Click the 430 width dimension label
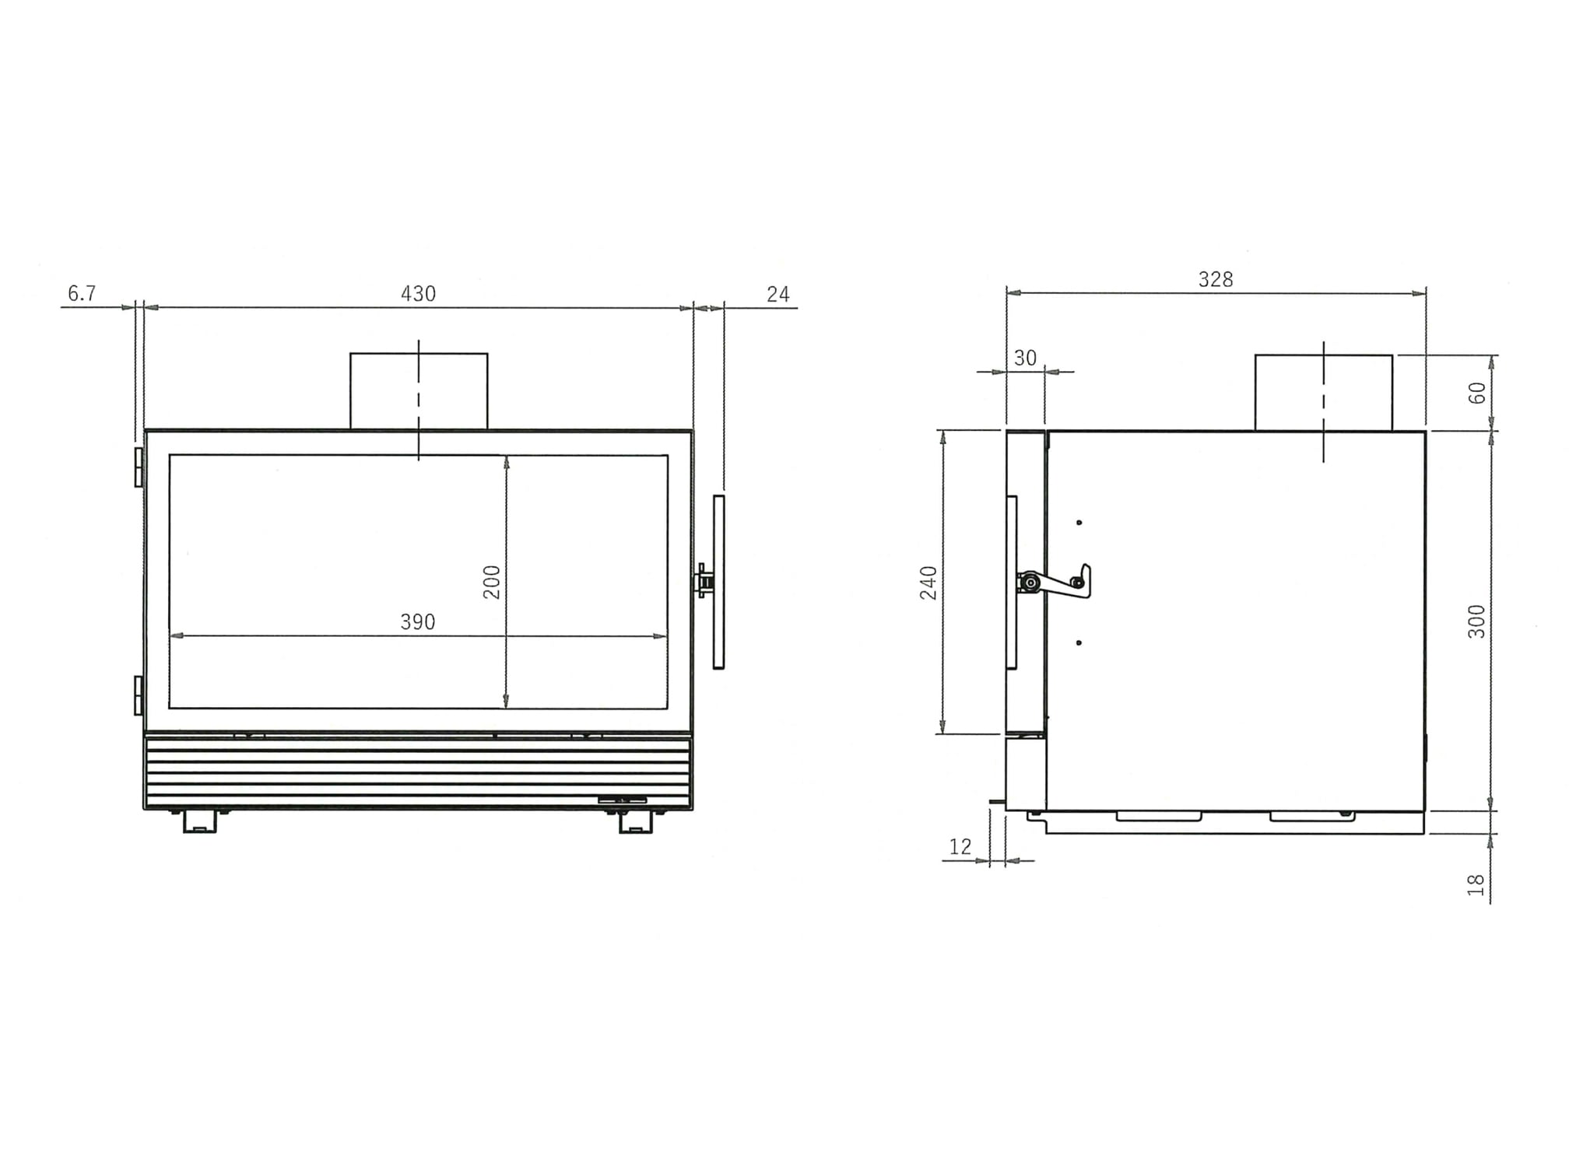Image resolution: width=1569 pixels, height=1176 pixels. (418, 294)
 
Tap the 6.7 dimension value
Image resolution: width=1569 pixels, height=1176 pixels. (82, 293)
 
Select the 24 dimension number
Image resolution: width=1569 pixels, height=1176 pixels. (777, 294)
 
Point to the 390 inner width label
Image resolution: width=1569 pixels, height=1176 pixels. (418, 622)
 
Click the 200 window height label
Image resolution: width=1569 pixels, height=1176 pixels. (492, 582)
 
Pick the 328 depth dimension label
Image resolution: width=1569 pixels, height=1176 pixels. (1216, 279)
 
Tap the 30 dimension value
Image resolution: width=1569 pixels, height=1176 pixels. (1026, 358)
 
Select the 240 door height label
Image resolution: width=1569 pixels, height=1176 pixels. (929, 583)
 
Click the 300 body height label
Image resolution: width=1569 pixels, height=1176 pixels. (1476, 621)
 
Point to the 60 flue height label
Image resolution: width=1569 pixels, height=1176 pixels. (1476, 394)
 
